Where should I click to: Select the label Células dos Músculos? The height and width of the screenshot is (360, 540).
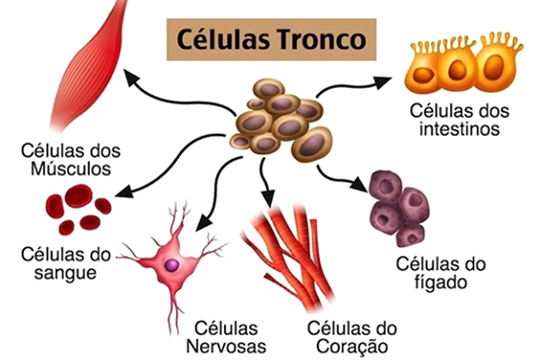(71, 160)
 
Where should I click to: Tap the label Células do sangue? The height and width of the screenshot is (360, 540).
(65, 264)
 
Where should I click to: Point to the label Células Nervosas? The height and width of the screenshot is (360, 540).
(226, 337)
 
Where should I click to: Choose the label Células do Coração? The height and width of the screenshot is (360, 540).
(352, 337)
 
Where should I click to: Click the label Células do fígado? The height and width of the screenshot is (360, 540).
(440, 273)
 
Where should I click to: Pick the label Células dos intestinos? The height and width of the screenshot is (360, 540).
(459, 120)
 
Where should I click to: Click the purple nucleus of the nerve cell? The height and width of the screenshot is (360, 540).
(171, 265)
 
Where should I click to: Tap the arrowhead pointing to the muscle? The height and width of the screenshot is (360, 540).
(132, 77)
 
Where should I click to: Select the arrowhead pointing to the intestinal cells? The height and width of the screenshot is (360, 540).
(382, 82)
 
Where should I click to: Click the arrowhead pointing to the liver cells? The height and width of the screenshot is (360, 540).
(359, 185)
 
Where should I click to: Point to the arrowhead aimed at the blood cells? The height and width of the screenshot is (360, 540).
(124, 192)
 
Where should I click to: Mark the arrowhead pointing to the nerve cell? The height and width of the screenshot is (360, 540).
(203, 223)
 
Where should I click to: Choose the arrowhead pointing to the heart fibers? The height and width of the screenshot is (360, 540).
(268, 199)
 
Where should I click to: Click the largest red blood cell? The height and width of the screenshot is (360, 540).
(79, 196)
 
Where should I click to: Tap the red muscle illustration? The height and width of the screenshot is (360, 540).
(88, 65)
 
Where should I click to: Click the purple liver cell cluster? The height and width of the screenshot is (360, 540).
(399, 208)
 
